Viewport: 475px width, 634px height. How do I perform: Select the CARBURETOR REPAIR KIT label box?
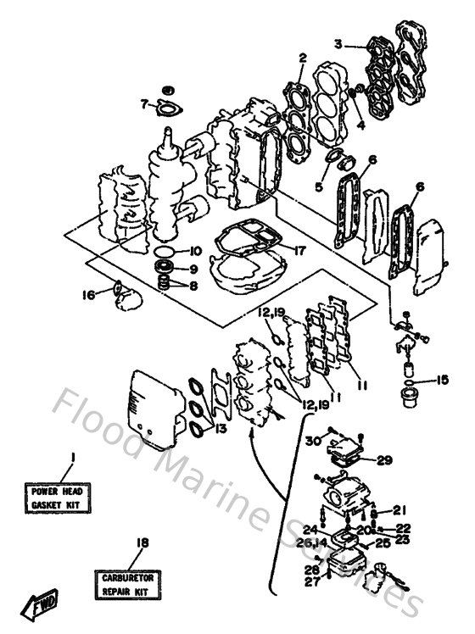(130, 582)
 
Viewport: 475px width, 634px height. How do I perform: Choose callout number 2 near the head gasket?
(301, 58)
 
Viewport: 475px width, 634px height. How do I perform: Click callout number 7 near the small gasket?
(144, 104)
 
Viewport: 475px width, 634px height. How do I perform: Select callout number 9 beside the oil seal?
(194, 270)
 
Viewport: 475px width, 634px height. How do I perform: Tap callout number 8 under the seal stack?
(194, 286)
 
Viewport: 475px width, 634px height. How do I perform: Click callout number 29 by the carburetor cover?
(384, 460)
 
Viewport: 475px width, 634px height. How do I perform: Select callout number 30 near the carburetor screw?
(313, 440)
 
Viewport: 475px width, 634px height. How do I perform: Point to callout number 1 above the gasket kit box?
(72, 458)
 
